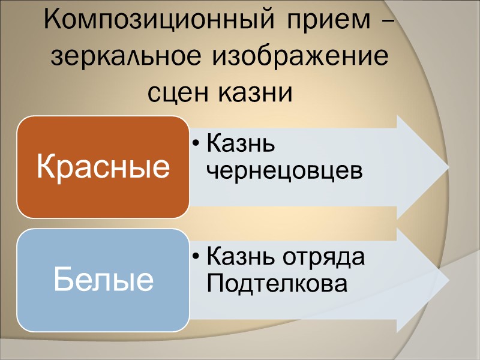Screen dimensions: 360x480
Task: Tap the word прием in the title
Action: coord(323,23)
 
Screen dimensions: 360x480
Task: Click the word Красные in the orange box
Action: coord(103,167)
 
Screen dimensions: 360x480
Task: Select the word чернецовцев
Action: coord(284,171)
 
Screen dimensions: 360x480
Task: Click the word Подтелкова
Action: coord(277,284)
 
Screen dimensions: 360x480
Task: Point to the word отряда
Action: coord(326,258)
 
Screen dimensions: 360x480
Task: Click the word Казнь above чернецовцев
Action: coord(240,145)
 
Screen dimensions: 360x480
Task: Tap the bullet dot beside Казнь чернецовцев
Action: coord(196,146)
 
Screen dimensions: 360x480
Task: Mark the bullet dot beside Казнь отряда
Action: coord(196,259)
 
